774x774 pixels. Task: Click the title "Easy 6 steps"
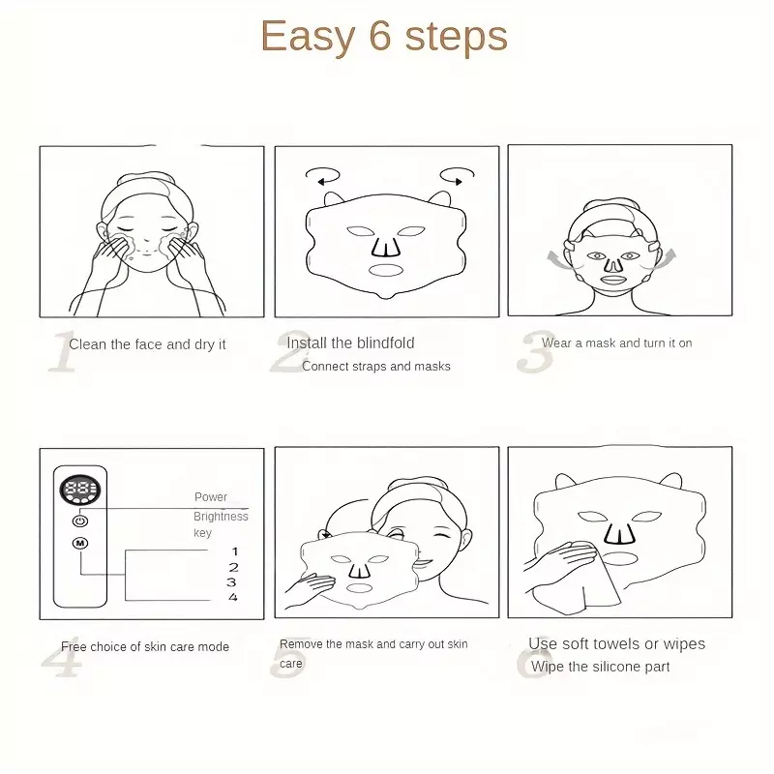click(383, 37)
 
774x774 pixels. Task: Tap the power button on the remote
click(80, 521)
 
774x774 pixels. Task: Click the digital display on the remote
click(80, 490)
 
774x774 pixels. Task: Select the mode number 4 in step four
click(233, 597)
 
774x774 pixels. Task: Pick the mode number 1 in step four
click(235, 551)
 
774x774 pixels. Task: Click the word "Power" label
click(211, 497)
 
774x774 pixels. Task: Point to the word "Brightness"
click(221, 517)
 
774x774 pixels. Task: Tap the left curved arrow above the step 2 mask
click(322, 176)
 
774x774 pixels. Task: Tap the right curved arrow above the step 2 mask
click(457, 176)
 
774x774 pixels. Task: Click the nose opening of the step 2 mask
click(386, 248)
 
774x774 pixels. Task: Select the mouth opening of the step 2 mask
click(386, 270)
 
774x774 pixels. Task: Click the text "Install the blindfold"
click(350, 343)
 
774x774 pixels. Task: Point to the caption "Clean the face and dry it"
click(147, 344)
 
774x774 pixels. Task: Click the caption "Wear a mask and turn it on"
click(616, 343)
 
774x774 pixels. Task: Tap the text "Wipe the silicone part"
click(600, 667)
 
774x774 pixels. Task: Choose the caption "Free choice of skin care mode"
click(145, 646)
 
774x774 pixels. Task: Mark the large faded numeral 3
click(535, 351)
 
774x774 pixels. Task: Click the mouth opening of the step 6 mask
click(620, 558)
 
